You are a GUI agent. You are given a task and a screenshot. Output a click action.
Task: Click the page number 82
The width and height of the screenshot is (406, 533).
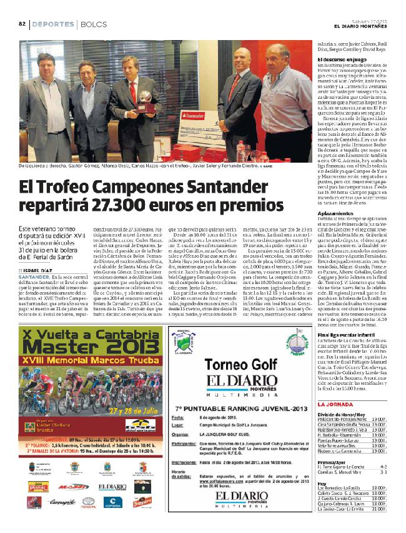coord(21,24)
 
